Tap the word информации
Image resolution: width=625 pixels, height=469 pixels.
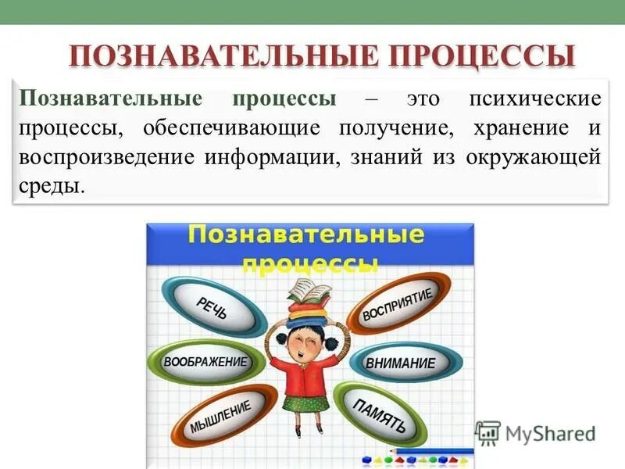[x=265, y=156]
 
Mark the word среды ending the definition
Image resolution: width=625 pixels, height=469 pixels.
[x=50, y=186]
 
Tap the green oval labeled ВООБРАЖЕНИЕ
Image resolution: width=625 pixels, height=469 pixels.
[x=204, y=362]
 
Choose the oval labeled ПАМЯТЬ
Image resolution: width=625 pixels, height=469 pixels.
[x=380, y=415]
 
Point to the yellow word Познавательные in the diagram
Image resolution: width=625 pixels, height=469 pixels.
[x=308, y=234]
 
